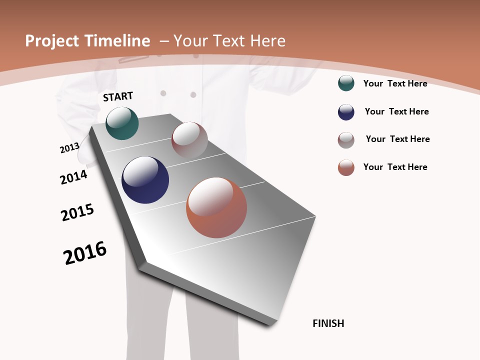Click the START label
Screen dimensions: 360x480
(x=118, y=96)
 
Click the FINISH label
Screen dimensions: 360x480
(x=328, y=323)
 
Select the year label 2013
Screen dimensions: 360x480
(x=69, y=148)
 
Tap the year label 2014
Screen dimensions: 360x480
(x=73, y=177)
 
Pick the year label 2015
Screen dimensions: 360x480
(x=77, y=212)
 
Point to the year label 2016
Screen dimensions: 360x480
(x=85, y=253)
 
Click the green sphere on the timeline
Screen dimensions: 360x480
(x=122, y=123)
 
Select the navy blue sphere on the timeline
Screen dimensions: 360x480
(x=145, y=180)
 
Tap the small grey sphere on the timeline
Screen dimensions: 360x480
(x=189, y=140)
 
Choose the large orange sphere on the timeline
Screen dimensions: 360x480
(x=216, y=207)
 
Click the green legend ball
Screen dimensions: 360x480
(x=346, y=83)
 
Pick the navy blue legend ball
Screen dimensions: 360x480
(x=346, y=112)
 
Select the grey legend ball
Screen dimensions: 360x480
(x=346, y=140)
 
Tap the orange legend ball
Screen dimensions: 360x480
(x=346, y=167)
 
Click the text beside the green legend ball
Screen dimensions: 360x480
(x=395, y=83)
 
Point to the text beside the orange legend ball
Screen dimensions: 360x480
(x=395, y=167)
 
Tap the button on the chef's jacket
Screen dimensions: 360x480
(x=163, y=93)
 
